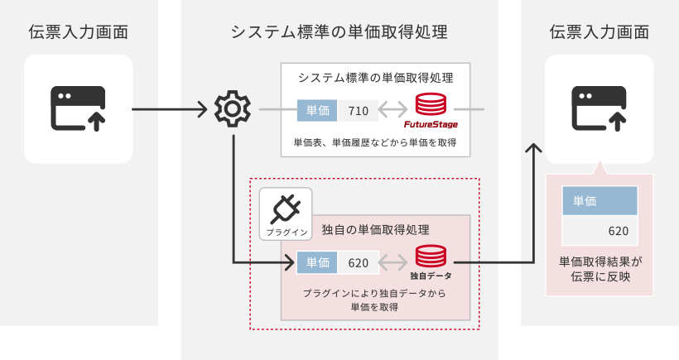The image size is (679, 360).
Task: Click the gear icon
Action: click(x=232, y=108)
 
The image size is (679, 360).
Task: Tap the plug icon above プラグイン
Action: click(x=286, y=207)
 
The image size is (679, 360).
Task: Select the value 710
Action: click(x=359, y=110)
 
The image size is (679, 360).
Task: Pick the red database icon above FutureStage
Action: click(x=431, y=105)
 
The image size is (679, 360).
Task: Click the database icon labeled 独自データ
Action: click(x=431, y=256)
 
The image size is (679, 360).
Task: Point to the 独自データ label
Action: click(x=431, y=275)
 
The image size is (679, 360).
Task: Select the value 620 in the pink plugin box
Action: click(x=359, y=263)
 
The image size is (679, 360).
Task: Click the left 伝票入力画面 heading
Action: click(x=79, y=32)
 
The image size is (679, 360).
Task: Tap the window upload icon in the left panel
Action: click(x=79, y=108)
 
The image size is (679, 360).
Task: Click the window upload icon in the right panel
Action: click(x=600, y=108)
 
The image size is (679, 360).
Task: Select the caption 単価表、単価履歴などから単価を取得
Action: click(x=375, y=143)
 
